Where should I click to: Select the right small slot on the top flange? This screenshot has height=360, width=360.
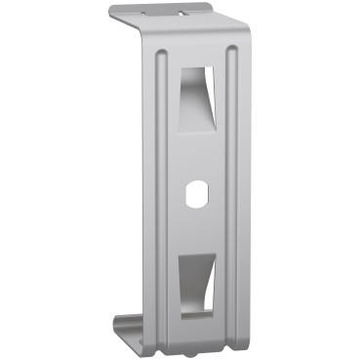coord(182,15)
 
